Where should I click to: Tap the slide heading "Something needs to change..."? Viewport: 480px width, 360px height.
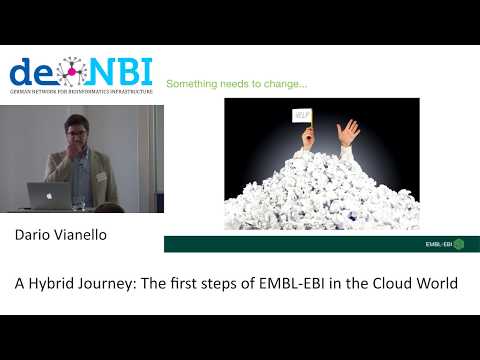pos(236,84)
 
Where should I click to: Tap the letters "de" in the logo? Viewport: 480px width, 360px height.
pos(31,72)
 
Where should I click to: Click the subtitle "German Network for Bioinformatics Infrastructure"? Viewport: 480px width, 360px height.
pos(79,92)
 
